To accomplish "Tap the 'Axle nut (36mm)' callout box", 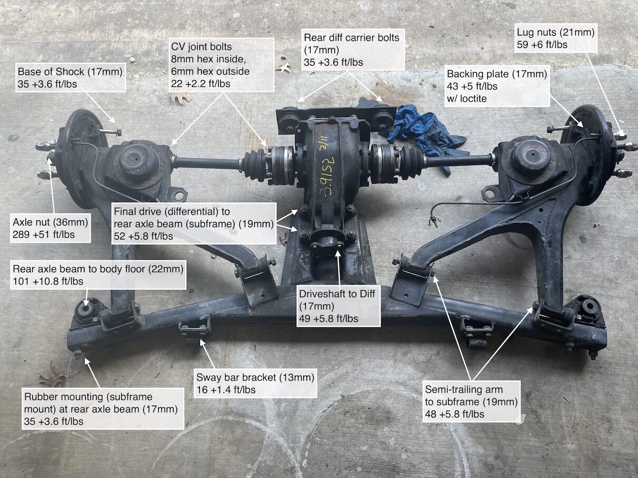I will pos(51,228).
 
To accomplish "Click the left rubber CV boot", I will pos(255,161).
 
